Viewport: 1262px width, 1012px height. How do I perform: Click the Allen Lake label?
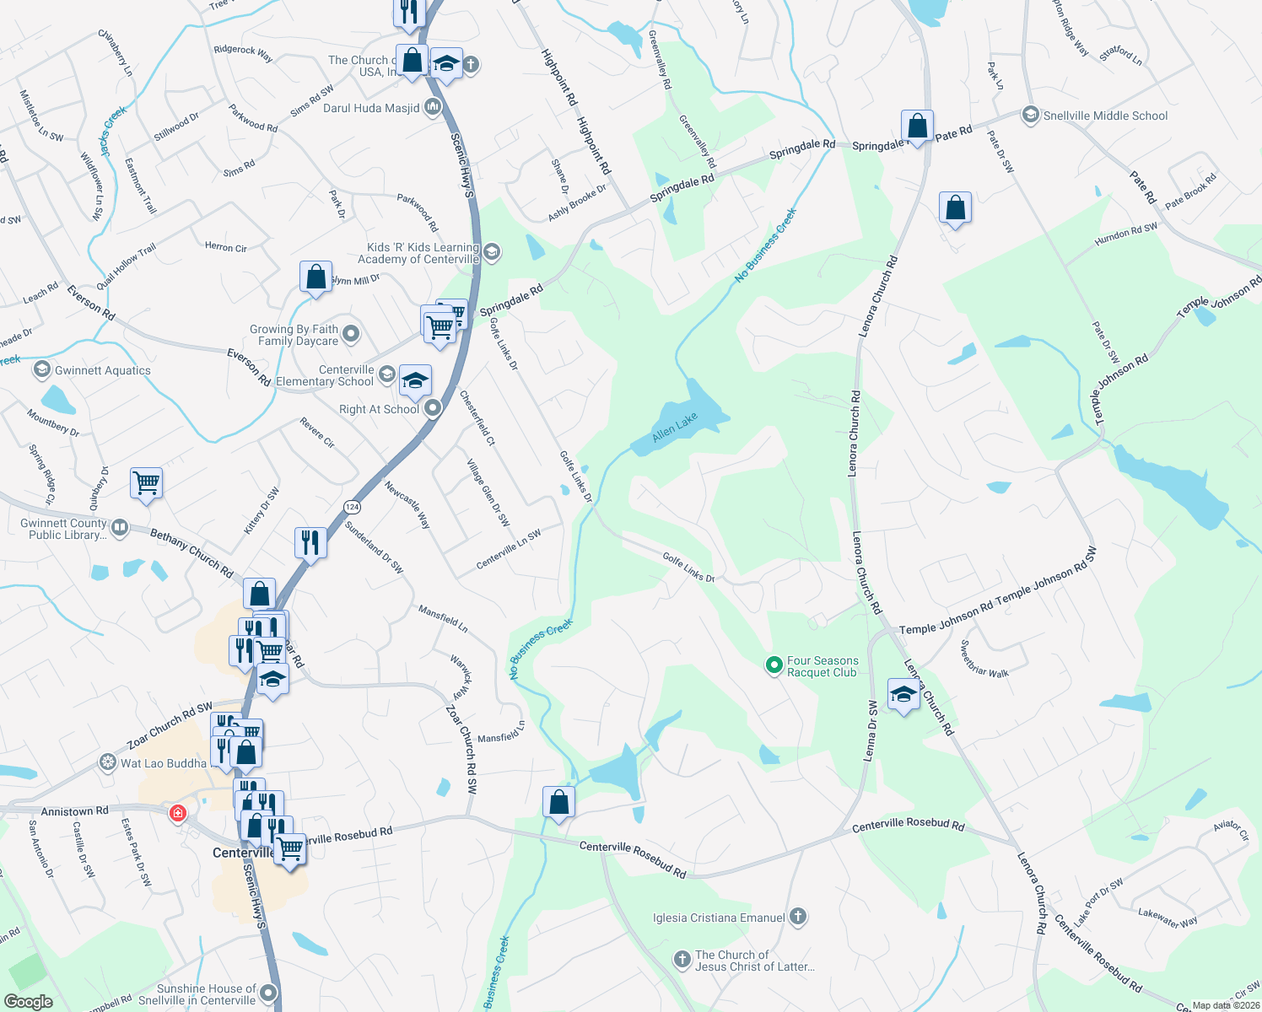click(675, 426)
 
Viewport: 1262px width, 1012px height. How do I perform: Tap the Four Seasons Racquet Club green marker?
click(774, 665)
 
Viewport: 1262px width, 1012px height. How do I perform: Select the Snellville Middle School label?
click(1105, 116)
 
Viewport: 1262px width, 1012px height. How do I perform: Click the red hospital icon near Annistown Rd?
click(178, 813)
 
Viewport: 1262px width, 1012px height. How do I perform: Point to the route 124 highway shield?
click(352, 507)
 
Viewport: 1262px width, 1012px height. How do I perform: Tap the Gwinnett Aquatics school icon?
click(41, 369)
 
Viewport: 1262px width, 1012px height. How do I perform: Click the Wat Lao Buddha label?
click(163, 763)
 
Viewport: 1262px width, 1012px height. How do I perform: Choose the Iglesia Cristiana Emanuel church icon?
click(798, 917)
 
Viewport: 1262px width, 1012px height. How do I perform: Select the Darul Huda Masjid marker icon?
click(433, 107)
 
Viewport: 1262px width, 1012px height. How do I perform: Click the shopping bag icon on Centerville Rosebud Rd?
click(558, 801)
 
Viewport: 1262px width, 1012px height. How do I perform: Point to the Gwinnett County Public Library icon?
click(120, 528)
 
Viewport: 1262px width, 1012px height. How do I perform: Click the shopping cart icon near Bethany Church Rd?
click(147, 483)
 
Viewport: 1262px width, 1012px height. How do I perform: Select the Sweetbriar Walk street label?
click(984, 659)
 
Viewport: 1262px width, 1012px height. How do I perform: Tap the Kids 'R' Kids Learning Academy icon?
click(492, 251)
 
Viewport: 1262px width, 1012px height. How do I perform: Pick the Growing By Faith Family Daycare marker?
click(351, 334)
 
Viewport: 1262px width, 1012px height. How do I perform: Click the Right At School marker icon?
click(433, 409)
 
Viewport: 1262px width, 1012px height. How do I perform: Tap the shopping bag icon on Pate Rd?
click(916, 126)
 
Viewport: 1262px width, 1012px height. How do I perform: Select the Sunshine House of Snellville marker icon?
click(269, 993)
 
